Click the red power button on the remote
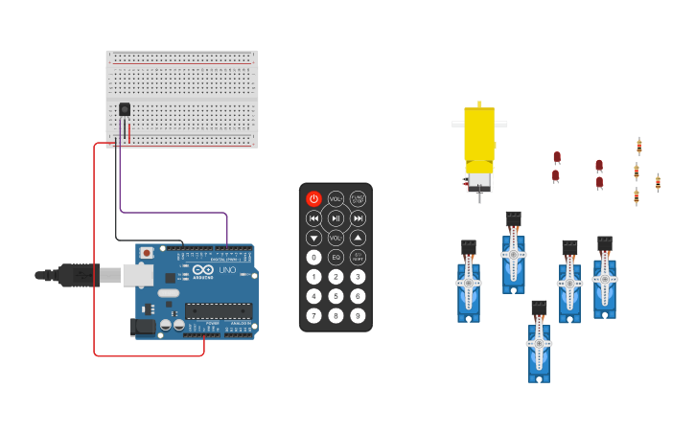(313, 198)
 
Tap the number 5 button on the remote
(336, 296)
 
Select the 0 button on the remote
(313, 257)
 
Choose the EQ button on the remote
(336, 257)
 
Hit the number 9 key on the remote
(358, 315)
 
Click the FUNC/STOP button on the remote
(358, 198)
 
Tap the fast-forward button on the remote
(358, 218)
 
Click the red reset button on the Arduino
(146, 253)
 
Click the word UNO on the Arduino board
(228, 270)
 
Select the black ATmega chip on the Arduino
(219, 310)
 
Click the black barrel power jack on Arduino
(143, 326)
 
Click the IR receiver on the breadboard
(125, 110)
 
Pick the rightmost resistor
(658, 182)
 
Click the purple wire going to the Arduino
(173, 212)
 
